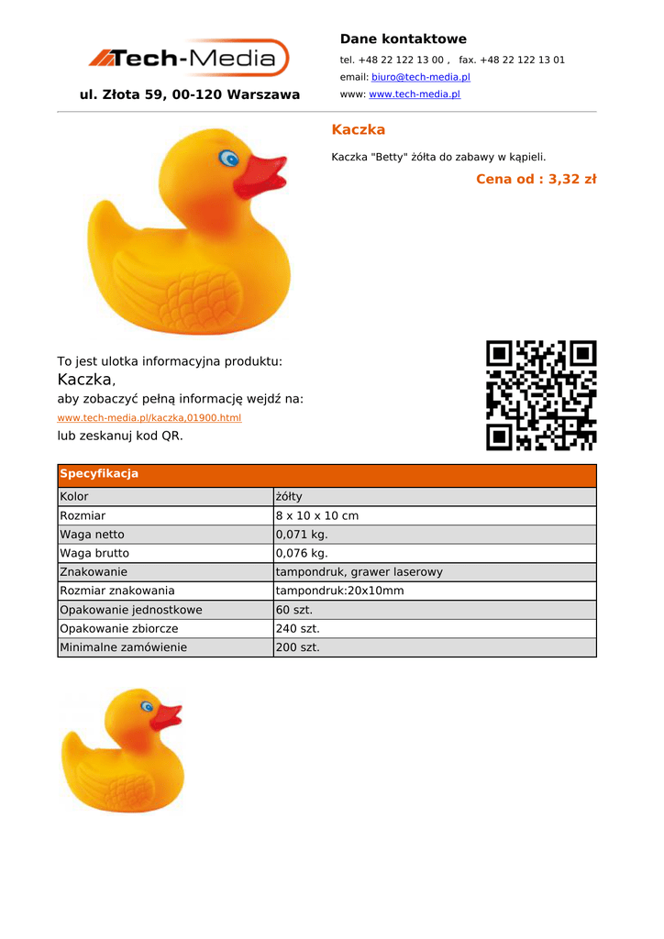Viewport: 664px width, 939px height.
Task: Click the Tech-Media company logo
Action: [189, 59]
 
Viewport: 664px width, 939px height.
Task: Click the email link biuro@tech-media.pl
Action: [420, 77]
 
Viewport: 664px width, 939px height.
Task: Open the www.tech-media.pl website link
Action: [414, 94]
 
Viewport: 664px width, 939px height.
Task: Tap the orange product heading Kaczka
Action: [358, 129]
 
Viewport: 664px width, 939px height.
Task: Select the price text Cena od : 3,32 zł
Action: [536, 179]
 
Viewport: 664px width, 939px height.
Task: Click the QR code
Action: [540, 395]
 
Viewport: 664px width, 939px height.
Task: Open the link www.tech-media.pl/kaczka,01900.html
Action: [149, 418]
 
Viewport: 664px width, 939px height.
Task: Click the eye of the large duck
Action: [228, 160]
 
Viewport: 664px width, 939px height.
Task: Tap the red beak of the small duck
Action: [166, 716]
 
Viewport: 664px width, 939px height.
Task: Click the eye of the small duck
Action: [147, 706]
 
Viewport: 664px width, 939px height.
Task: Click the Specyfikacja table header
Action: [99, 474]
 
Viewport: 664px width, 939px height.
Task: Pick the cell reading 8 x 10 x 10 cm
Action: [317, 516]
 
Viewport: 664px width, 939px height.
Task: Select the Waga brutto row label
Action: [94, 554]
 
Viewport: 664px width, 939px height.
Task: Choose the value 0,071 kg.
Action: [302, 535]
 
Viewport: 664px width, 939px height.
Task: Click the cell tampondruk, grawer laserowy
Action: [359, 572]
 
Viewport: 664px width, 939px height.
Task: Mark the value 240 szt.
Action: [297, 629]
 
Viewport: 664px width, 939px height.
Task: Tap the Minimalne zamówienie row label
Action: [123, 647]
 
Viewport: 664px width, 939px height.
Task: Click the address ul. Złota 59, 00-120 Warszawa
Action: [190, 94]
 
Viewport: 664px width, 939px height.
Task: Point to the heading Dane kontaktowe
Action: [403, 39]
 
